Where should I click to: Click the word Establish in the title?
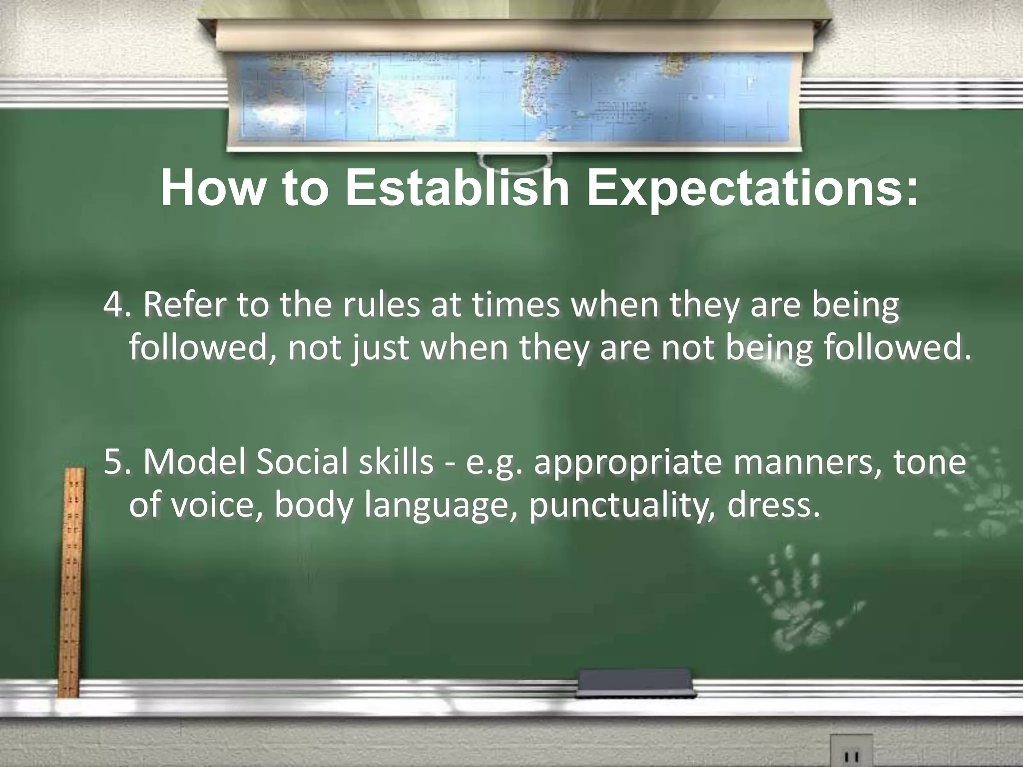457,189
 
